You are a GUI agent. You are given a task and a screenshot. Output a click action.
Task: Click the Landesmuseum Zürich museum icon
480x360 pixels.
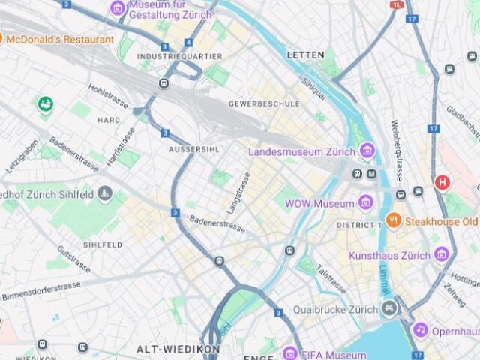pos(367,151)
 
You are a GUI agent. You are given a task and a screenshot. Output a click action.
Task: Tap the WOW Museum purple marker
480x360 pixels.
pos(365,203)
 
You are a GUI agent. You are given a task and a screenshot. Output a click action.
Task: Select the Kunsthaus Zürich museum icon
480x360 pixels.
pos(441,255)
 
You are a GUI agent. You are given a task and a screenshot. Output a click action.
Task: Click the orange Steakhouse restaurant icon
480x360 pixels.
pos(393,221)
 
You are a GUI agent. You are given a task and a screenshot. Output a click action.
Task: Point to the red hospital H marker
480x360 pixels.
pos(442,182)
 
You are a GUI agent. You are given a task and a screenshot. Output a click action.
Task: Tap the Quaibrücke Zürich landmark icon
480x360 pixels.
pos(388,307)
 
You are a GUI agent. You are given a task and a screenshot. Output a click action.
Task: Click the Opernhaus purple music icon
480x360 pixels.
pos(421,330)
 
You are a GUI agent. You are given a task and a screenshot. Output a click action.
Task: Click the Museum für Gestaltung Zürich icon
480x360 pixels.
pos(118,8)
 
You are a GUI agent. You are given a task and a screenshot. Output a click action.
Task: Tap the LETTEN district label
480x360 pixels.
pos(306,55)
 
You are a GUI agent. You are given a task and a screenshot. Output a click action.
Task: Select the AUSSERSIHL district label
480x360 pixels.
pos(193,149)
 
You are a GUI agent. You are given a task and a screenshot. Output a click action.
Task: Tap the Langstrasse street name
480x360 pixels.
pos(239,193)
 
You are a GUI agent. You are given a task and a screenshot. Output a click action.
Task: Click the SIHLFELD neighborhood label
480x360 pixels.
pos(103,244)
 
